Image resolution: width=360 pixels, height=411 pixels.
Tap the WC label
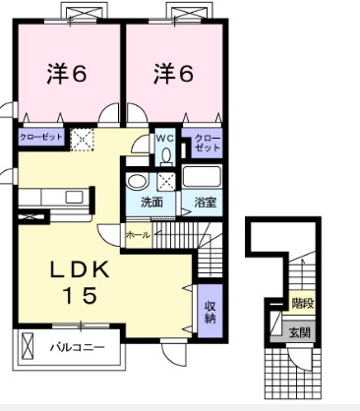pyautogui.click(x=166, y=139)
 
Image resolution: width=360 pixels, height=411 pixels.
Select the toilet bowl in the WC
pyautogui.click(x=166, y=155)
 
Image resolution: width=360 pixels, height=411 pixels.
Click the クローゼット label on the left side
pyautogui.click(x=41, y=139)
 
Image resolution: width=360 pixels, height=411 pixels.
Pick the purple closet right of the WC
pyautogui.click(x=206, y=144)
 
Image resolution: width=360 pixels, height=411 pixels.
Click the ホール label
pyautogui.click(x=137, y=234)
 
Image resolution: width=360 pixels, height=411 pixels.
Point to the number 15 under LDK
pyautogui.click(x=83, y=296)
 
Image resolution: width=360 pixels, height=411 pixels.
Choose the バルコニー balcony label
pyautogui.click(x=75, y=346)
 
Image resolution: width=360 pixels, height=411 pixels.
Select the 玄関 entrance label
pyautogui.click(x=300, y=332)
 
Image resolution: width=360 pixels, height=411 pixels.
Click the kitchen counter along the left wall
pyautogui.click(x=49, y=196)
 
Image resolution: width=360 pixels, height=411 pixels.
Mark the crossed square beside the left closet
pyautogui.click(x=84, y=140)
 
